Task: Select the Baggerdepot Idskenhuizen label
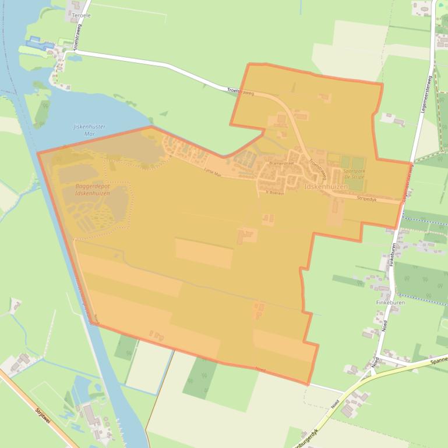click(93, 190)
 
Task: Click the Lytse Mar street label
click(213, 172)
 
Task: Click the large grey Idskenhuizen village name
click(326, 187)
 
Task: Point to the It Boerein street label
click(274, 192)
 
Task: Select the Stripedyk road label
click(368, 198)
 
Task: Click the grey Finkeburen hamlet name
click(390, 303)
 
